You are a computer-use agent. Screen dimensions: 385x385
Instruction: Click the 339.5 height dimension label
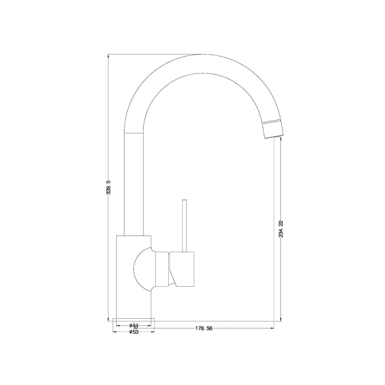(x=110, y=187)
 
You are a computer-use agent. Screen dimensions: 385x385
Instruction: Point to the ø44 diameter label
(x=134, y=326)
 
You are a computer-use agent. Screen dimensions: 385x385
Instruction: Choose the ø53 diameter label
(x=134, y=332)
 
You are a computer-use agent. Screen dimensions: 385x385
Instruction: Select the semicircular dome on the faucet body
(x=142, y=268)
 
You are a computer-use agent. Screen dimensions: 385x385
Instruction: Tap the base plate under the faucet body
(x=134, y=320)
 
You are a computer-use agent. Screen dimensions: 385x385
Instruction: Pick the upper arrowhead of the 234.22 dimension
(x=275, y=140)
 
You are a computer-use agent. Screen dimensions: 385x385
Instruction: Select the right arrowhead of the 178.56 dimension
(x=273, y=329)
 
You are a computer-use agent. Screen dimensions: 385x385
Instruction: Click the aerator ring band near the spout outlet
(x=270, y=123)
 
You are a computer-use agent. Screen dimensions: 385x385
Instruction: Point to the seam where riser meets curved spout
(x=132, y=131)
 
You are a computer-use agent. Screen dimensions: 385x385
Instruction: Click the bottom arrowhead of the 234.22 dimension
(x=275, y=318)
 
